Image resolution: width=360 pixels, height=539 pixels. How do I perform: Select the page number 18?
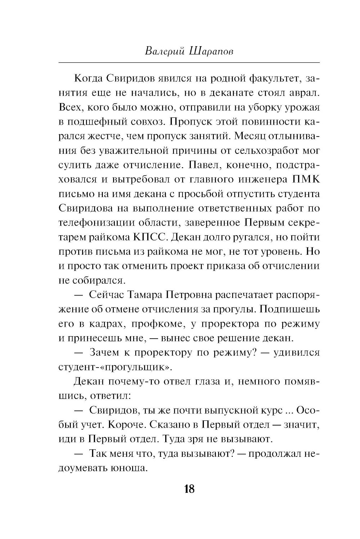tap(189, 489)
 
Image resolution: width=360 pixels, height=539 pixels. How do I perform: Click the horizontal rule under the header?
tap(189, 63)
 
